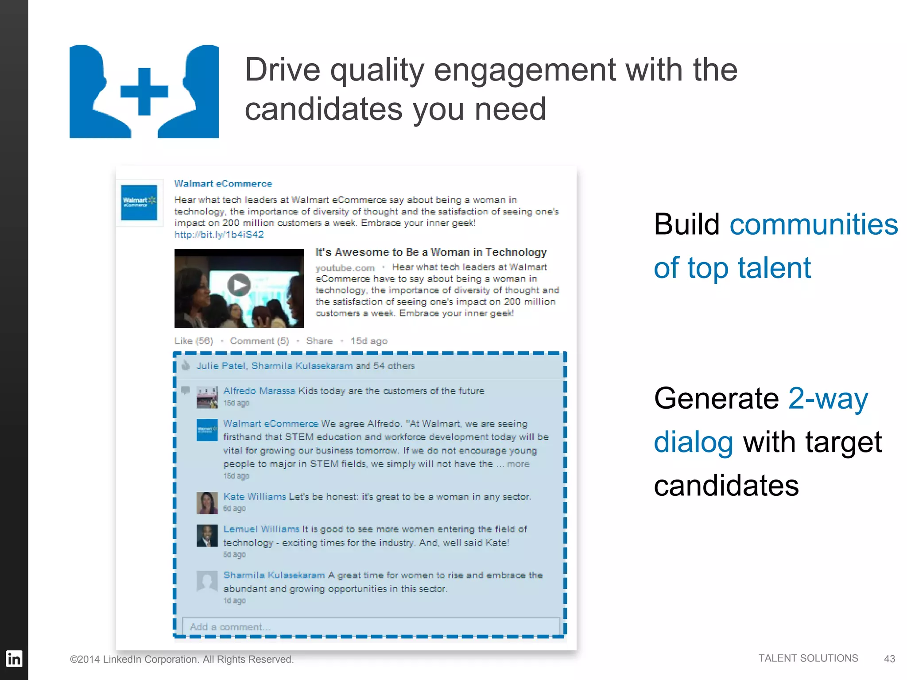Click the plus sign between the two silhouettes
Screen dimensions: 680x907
coord(144,92)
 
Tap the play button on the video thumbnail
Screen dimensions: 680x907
coord(239,285)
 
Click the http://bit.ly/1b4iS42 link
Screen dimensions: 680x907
coord(219,235)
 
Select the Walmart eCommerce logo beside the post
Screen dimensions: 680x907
coord(139,202)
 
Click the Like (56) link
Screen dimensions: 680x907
coord(194,341)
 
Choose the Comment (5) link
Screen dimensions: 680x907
coord(259,341)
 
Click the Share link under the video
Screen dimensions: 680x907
coord(319,341)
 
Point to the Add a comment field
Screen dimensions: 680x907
coord(371,627)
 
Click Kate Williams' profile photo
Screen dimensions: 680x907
coord(207,502)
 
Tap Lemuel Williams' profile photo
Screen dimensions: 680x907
coord(207,535)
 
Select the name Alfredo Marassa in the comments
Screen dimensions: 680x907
coord(259,391)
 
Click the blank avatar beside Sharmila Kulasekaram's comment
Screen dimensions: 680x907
coord(207,581)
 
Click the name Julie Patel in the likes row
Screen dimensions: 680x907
coord(221,366)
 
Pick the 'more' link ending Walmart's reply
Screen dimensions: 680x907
coord(518,464)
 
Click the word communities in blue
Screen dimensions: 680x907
coord(814,224)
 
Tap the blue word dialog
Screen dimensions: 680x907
coord(693,442)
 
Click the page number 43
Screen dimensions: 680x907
coord(889,659)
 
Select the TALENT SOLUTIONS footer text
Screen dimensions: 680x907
coord(808,658)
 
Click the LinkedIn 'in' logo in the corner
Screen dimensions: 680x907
coord(14,659)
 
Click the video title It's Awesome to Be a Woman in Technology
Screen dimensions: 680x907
coord(431,252)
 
